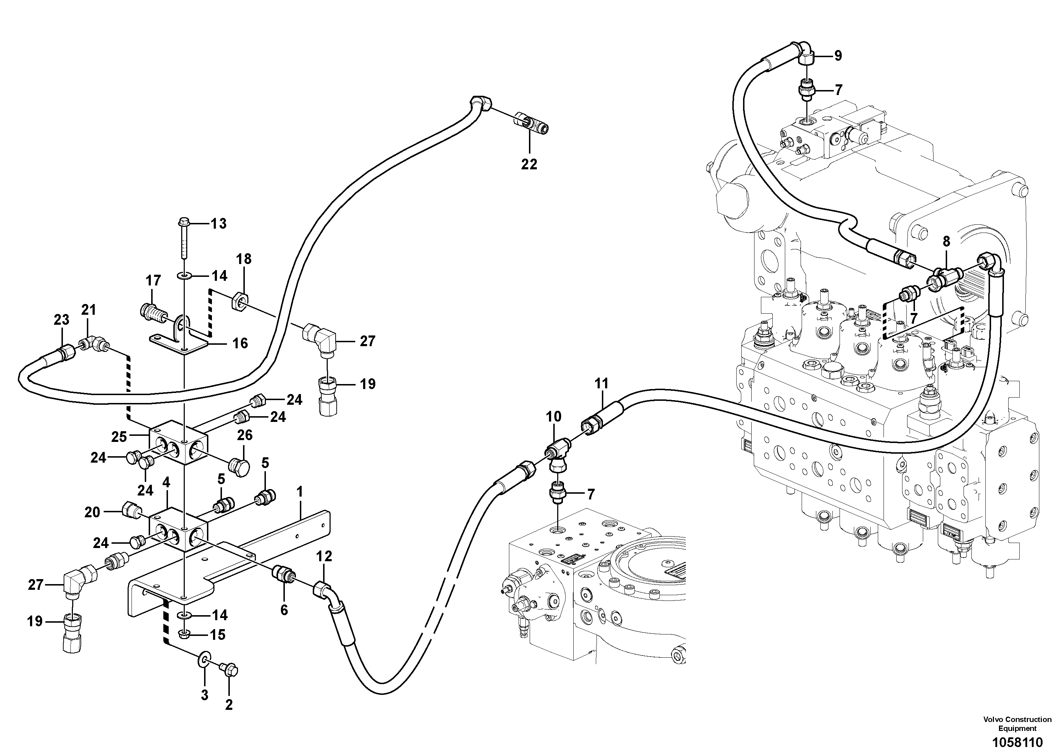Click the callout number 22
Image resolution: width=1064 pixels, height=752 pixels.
529,164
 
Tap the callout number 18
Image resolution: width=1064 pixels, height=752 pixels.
244,259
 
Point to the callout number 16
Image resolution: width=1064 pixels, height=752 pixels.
240,343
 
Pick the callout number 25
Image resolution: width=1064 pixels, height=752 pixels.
119,437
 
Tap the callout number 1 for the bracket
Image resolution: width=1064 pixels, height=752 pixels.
300,492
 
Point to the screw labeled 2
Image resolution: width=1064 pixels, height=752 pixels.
230,671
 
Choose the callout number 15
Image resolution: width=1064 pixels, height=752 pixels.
218,634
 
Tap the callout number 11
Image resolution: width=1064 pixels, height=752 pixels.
601,384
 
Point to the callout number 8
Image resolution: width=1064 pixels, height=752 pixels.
946,241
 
